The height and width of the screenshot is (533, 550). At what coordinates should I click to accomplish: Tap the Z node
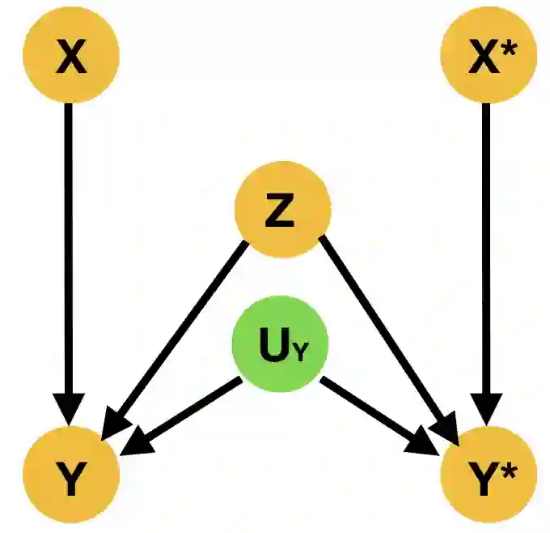click(x=282, y=213)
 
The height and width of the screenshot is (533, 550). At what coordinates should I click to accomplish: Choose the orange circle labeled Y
click(x=72, y=482)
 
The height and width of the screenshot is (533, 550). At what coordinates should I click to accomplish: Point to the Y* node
click(x=488, y=482)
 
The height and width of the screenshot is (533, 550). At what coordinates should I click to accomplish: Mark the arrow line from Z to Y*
click(x=380, y=324)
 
